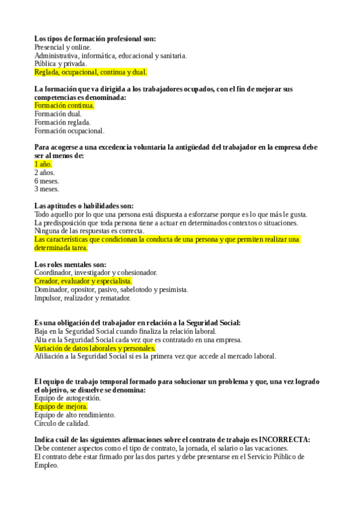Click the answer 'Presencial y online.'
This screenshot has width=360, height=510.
click(63, 47)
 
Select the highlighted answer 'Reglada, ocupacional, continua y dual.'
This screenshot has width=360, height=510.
click(90, 72)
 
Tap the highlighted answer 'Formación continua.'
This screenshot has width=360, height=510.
click(64, 105)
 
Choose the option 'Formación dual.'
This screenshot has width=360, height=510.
click(58, 114)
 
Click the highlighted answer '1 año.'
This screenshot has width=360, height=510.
click(43, 164)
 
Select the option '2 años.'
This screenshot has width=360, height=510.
click(44, 172)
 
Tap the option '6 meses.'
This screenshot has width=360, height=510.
click(46, 180)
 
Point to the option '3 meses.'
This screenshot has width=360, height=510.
click(46, 189)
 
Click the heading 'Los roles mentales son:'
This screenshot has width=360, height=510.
click(70, 264)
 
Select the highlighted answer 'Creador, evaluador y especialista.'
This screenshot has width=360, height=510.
click(83, 281)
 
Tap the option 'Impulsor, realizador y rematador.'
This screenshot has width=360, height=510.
click(82, 298)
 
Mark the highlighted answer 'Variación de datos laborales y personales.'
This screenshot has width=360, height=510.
click(95, 348)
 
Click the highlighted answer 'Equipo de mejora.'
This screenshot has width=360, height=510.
click(61, 407)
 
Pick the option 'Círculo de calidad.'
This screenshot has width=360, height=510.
click(62, 423)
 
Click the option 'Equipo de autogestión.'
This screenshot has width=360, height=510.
click(67, 398)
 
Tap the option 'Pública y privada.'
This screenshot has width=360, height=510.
click(61, 64)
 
